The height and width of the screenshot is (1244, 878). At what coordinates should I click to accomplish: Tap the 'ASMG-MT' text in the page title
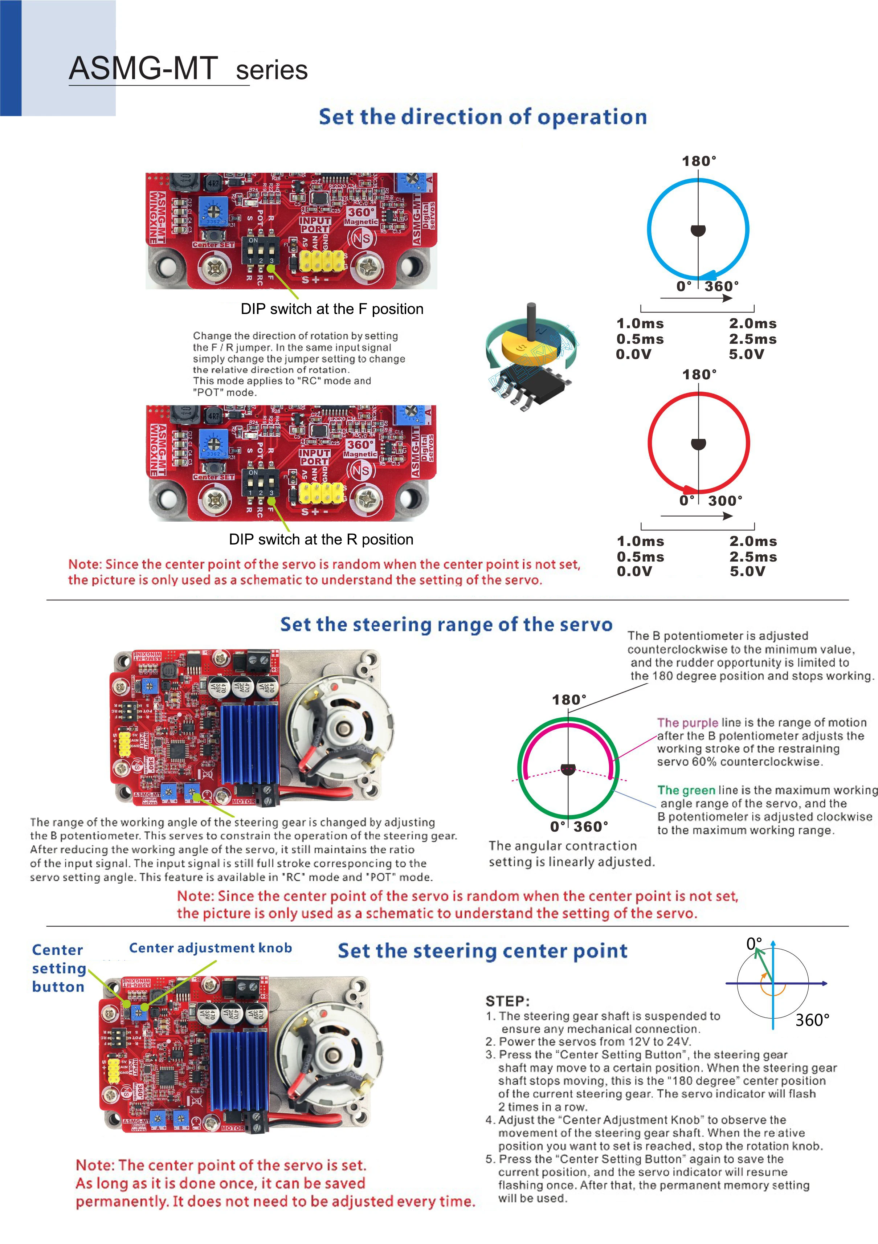click(143, 69)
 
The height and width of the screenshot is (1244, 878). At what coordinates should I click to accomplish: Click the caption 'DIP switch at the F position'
click(332, 309)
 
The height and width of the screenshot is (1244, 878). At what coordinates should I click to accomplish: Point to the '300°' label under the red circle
click(725, 501)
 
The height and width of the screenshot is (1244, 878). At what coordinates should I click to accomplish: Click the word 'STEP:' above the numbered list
click(507, 1001)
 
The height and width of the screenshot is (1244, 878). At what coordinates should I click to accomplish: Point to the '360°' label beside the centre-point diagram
click(812, 1020)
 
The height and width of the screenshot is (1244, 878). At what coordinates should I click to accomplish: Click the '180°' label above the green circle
click(569, 700)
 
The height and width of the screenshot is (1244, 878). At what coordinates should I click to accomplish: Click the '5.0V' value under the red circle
click(747, 571)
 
